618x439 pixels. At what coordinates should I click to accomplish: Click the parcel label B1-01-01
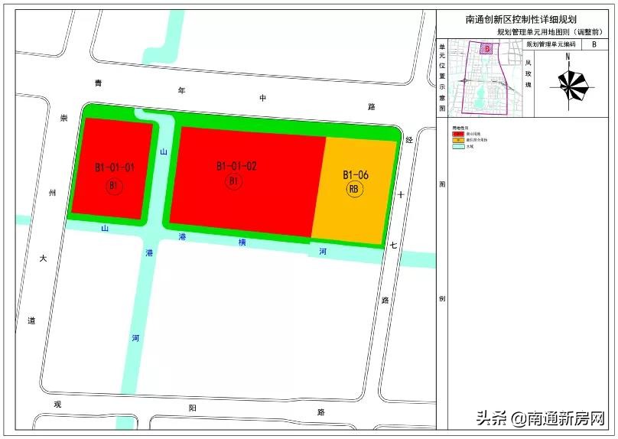(x=115, y=167)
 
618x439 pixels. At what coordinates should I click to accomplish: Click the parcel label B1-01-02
(x=236, y=165)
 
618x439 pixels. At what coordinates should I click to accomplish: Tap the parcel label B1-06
(x=355, y=174)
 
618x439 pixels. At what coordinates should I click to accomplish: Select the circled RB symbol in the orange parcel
(x=354, y=190)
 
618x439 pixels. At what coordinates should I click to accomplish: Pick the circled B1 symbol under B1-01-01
(x=114, y=186)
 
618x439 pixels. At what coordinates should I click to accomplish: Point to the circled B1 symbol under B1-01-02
(x=235, y=181)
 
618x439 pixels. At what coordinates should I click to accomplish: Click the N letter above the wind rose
(x=568, y=57)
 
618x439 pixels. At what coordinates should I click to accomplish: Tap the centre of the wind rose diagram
(x=569, y=87)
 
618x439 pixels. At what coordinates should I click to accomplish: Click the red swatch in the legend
(x=457, y=133)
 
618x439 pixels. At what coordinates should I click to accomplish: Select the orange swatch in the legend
(x=457, y=140)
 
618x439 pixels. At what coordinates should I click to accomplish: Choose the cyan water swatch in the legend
(x=457, y=147)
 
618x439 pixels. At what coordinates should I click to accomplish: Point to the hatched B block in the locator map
(x=486, y=48)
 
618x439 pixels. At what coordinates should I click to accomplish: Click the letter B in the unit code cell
(x=594, y=45)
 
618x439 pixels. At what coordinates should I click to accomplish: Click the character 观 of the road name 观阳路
(x=57, y=404)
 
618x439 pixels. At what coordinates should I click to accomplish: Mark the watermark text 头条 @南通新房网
(x=541, y=418)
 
